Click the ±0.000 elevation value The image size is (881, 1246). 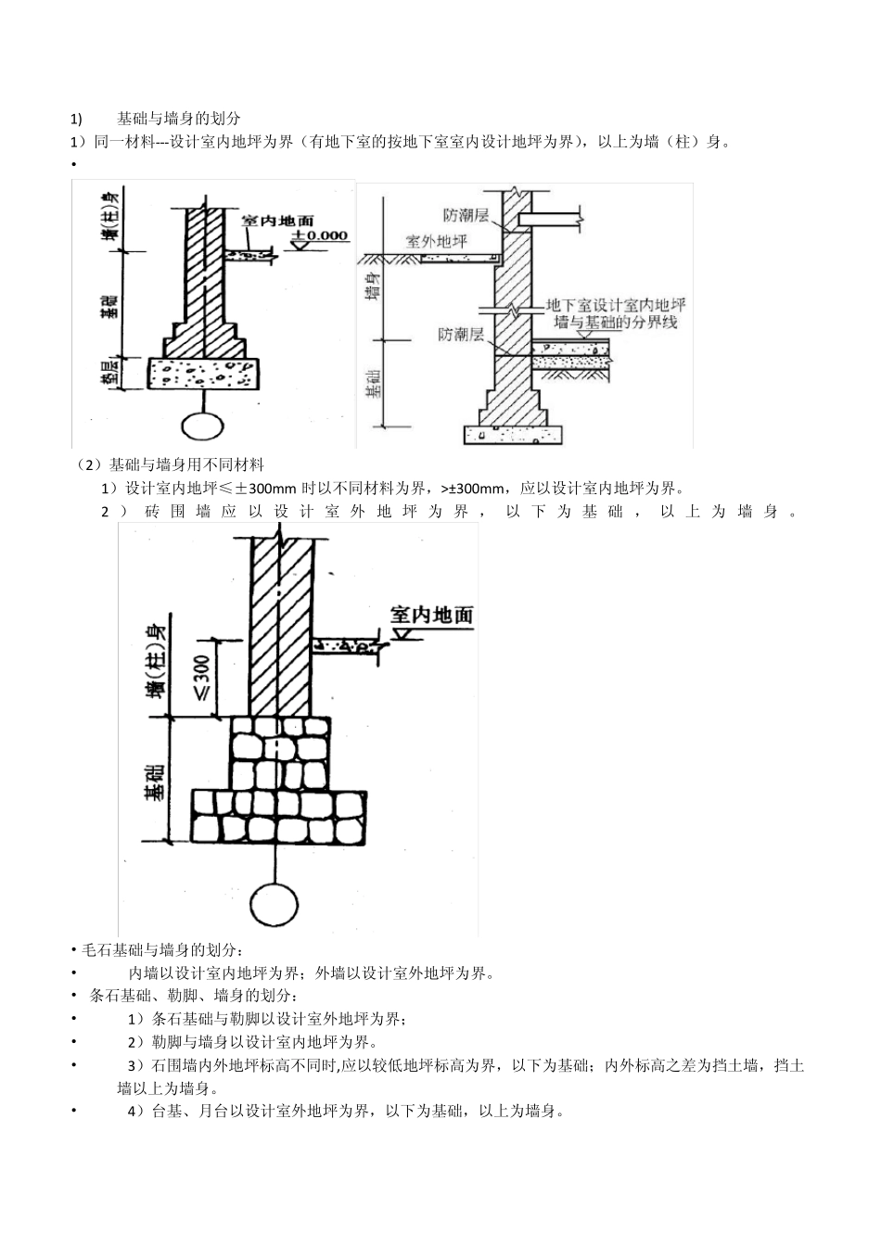(321, 236)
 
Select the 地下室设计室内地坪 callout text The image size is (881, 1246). (616, 305)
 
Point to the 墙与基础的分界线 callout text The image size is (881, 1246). (616, 322)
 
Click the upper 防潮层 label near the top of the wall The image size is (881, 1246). (466, 215)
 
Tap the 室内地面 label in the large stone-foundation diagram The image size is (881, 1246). (431, 615)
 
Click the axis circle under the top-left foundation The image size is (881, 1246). (202, 425)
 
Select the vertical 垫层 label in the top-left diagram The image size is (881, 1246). (110, 373)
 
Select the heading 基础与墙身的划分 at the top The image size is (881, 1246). (179, 119)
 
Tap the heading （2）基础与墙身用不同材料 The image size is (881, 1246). (172, 464)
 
